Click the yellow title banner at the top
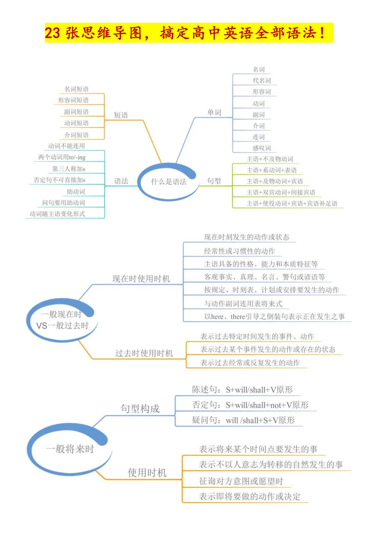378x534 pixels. [x=189, y=33]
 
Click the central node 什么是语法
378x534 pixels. [x=169, y=181]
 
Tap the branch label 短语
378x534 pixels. [x=121, y=115]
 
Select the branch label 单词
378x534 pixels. [x=214, y=112]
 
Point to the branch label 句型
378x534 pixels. [x=214, y=181]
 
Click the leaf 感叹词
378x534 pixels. [x=262, y=148]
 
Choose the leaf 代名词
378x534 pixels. [x=262, y=80]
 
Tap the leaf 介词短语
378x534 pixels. [x=76, y=135]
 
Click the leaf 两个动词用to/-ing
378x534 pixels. [x=62, y=157]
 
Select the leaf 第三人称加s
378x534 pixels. [x=69, y=169]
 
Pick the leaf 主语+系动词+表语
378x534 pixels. [x=272, y=170]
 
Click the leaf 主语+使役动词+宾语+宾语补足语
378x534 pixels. [x=292, y=203]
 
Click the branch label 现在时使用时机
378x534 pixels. [x=141, y=278]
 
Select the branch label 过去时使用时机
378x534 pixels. [x=144, y=353]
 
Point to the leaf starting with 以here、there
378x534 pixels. [x=274, y=316]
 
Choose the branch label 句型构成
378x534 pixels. [x=140, y=408]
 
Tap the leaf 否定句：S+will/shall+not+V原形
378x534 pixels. [x=250, y=405]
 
